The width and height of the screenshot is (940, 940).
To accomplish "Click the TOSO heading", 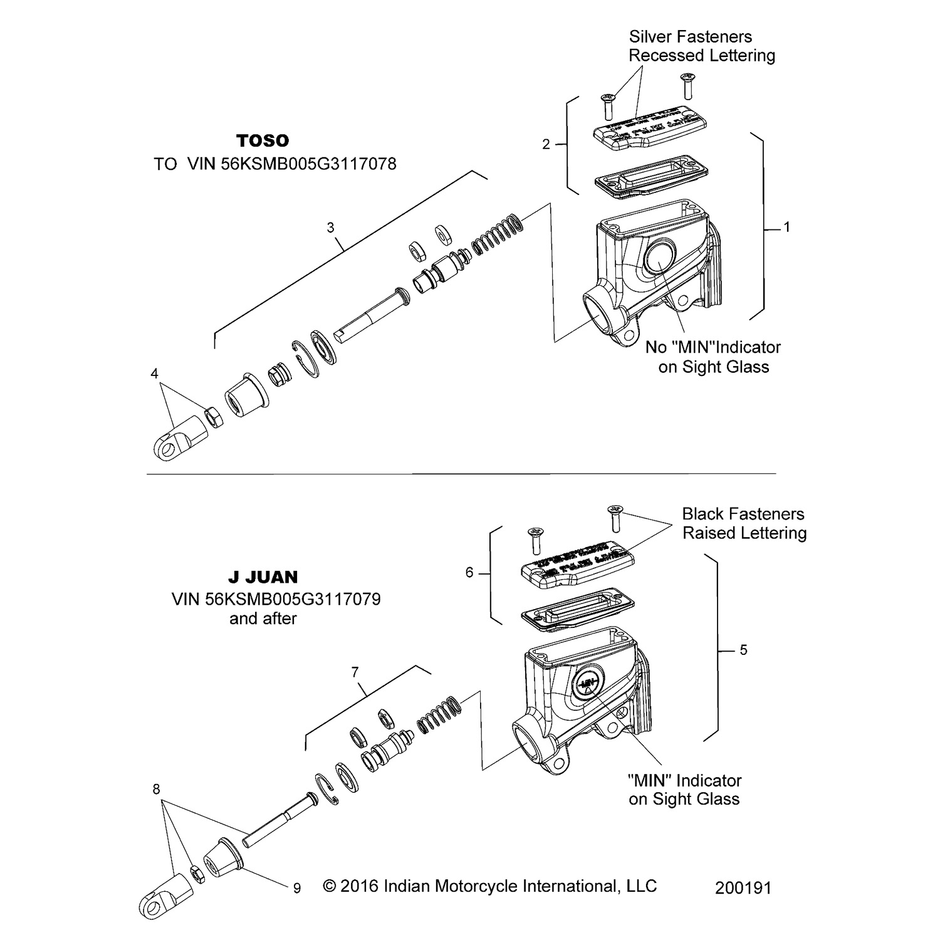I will (263, 140).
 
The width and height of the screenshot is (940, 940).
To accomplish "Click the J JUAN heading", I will (263, 577).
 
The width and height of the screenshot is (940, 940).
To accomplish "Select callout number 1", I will (786, 227).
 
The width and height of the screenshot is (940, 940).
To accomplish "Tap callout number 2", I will (546, 145).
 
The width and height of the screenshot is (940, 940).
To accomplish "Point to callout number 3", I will (331, 227).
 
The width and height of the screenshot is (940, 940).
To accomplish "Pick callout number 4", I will (154, 374).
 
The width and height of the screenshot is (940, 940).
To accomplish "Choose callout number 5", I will (743, 650).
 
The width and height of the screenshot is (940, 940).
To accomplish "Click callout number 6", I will (469, 572).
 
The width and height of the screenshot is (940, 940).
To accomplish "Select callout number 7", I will (355, 672).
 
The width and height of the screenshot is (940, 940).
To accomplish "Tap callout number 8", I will (156, 790).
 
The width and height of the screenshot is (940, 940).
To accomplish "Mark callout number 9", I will (296, 888).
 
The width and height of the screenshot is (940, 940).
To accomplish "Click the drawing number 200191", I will (743, 887).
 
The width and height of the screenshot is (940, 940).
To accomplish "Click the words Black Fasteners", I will (743, 514).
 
